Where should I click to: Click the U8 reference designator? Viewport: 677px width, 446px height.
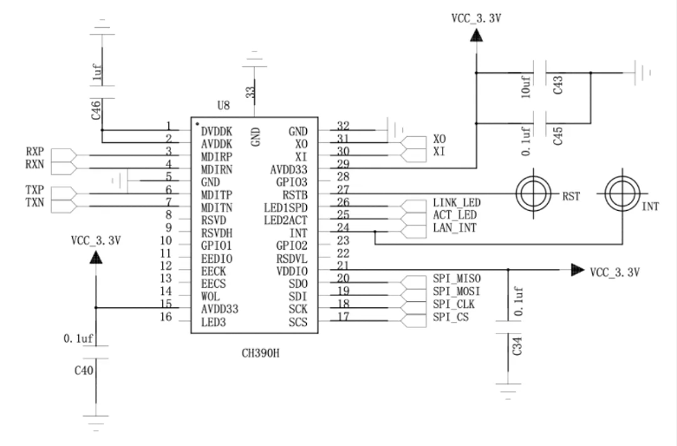pyautogui.click(x=224, y=106)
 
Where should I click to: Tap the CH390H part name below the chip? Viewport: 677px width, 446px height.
pyautogui.click(x=260, y=353)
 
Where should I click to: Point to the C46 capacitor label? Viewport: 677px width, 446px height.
pyautogui.click(x=96, y=109)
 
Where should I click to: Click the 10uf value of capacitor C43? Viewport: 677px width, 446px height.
pyautogui.click(x=526, y=87)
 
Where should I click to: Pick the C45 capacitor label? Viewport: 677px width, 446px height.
pyautogui.click(x=558, y=135)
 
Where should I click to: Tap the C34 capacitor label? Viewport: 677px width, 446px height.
pyautogui.click(x=518, y=345)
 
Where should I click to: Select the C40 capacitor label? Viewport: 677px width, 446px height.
pyautogui.click(x=84, y=371)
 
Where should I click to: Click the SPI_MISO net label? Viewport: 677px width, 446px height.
pyautogui.click(x=457, y=279)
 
